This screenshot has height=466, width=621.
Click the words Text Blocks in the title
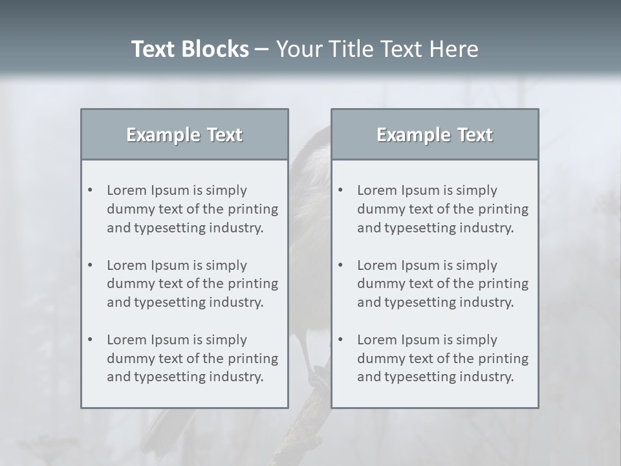click(190, 49)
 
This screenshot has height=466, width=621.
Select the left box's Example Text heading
click(184, 135)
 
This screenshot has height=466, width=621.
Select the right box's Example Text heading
click(435, 135)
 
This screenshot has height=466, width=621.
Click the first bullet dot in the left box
click(91, 190)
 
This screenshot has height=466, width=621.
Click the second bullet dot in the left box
click(91, 265)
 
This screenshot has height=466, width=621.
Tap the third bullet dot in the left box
click(91, 340)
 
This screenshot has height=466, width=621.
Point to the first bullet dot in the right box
click(341, 190)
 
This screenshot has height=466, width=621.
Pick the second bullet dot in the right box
click(341, 265)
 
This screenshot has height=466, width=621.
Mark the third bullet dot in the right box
click(341, 340)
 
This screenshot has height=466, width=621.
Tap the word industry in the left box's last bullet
click(235, 377)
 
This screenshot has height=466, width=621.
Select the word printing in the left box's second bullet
click(254, 283)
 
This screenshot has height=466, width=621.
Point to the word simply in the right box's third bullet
click(476, 340)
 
